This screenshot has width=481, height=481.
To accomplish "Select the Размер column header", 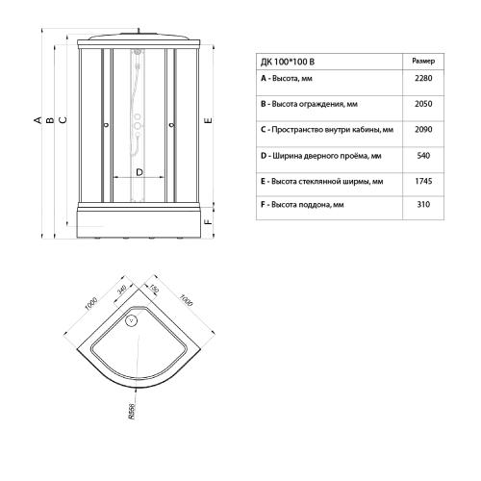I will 422,61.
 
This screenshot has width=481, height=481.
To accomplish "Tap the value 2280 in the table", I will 422,79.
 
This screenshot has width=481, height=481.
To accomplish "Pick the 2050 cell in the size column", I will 422,102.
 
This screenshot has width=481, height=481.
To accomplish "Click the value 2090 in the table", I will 422,128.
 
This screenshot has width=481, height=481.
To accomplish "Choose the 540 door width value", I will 422,154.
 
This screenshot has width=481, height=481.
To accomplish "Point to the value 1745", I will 422,180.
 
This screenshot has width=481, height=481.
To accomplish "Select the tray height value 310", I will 422,205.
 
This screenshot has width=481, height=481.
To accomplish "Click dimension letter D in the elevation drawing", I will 139,171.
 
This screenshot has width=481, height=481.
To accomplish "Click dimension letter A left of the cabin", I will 38,120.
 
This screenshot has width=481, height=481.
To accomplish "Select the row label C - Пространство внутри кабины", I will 327,128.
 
